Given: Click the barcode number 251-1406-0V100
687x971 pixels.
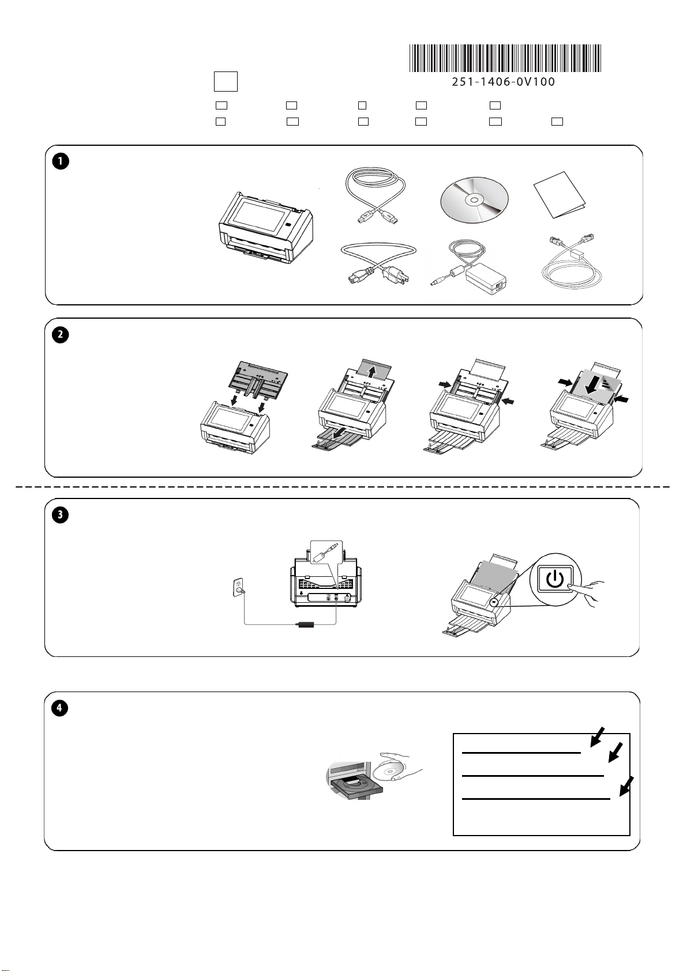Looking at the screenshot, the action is pyautogui.click(x=504, y=81).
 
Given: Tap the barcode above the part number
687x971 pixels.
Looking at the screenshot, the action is pyautogui.click(x=505, y=58).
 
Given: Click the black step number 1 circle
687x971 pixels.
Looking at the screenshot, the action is pyautogui.click(x=61, y=161).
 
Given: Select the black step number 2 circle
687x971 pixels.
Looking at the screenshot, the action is pyautogui.click(x=61, y=335).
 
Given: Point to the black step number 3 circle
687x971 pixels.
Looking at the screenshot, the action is pyautogui.click(x=61, y=515).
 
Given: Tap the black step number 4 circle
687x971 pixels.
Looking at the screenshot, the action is pyautogui.click(x=60, y=708).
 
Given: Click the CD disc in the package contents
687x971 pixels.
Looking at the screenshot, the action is pyautogui.click(x=474, y=200).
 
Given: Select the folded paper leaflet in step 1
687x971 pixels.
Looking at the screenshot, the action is pyautogui.click(x=559, y=195).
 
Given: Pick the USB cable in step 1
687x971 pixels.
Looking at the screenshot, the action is pyautogui.click(x=375, y=197).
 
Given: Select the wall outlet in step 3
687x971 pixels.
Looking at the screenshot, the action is pyautogui.click(x=238, y=588).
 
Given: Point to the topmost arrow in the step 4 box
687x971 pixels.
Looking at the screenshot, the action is pyautogui.click(x=598, y=737).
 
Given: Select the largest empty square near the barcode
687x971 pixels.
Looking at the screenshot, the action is pyautogui.click(x=226, y=81).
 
